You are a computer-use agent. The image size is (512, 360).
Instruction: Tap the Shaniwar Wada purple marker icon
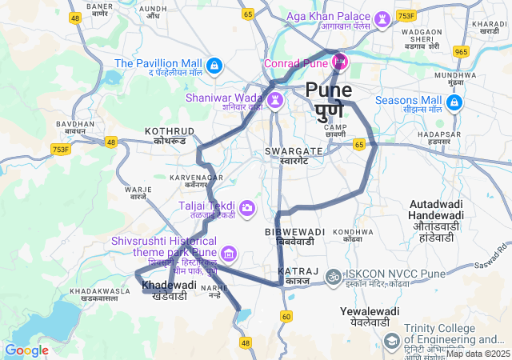click(275, 100)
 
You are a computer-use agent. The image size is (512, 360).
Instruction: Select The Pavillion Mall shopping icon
click(214, 64)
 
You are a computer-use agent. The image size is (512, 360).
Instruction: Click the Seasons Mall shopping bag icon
click(454, 102)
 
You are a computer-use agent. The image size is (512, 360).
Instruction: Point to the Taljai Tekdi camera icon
click(246, 208)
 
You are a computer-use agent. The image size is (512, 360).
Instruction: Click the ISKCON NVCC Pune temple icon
click(335, 276)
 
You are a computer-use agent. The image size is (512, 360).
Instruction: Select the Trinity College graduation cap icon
click(392, 342)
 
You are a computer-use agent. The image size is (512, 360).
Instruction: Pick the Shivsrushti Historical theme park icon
click(229, 254)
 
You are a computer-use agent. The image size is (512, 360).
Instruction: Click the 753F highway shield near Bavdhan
click(61, 148)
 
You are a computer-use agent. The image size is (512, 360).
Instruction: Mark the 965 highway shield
click(460, 52)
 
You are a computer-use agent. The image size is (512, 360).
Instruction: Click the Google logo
click(26, 350)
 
